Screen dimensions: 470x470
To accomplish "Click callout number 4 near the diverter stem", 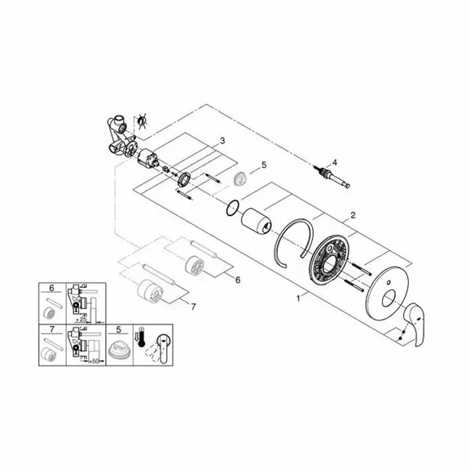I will pos(334,162).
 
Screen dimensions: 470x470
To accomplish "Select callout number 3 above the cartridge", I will pos(223,140).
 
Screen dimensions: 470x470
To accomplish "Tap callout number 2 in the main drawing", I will pos(352,215).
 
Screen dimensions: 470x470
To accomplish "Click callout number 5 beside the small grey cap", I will pos(264,165).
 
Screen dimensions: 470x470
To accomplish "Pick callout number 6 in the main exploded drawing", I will pos(238,280).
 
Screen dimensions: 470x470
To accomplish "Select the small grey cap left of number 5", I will pos(240,178).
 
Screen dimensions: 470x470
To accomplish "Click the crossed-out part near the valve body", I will pos(141,122).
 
